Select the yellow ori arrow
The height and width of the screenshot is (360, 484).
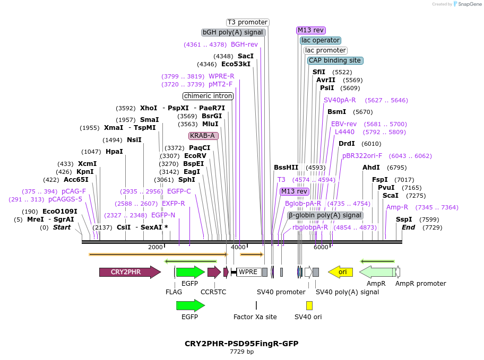pos(341,272)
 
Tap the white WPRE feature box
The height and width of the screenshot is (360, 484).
pos(248,272)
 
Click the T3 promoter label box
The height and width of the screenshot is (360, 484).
pos(247,22)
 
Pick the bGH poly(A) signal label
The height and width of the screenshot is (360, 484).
pos(234,32)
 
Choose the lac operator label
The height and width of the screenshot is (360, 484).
pos(320,40)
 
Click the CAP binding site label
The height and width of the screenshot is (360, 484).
pos(335,60)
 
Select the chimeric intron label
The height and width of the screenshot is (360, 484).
pos(208,96)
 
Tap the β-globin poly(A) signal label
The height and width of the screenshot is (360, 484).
pos(325,215)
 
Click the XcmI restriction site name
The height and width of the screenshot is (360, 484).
pos(87,164)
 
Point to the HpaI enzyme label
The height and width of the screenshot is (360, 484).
pos(114,152)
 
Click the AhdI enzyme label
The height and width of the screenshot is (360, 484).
pos(371,168)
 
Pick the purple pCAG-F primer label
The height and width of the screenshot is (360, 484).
pos(74,191)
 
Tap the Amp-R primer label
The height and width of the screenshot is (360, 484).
pos(397,207)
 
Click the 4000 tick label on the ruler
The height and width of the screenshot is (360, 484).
pos(238,248)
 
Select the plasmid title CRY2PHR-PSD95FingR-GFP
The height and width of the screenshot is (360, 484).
pos(241,344)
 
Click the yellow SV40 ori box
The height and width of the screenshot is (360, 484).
pos(309,305)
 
